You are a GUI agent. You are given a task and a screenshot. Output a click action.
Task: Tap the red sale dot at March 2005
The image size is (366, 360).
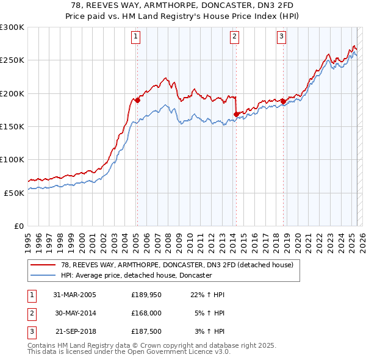click(x=137, y=101)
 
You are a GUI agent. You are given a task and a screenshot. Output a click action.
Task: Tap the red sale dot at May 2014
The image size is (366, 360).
click(x=235, y=113)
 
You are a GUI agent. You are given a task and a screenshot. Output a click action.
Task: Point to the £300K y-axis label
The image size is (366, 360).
click(x=12, y=27)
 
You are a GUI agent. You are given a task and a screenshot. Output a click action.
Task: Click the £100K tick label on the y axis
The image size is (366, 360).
click(x=12, y=159)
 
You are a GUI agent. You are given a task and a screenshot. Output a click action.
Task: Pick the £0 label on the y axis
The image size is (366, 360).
click(x=18, y=226)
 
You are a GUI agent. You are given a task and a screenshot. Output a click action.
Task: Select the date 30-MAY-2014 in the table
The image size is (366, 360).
click(x=75, y=314)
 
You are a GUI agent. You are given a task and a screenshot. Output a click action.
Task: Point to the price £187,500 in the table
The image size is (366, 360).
click(x=146, y=333)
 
